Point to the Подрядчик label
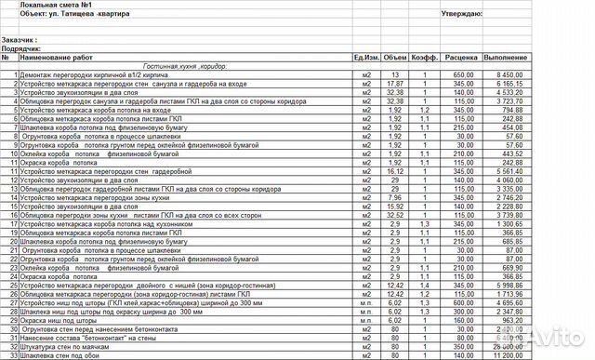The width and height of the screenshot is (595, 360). tap(25, 49)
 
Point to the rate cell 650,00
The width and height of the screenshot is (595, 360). tap(462, 74)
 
